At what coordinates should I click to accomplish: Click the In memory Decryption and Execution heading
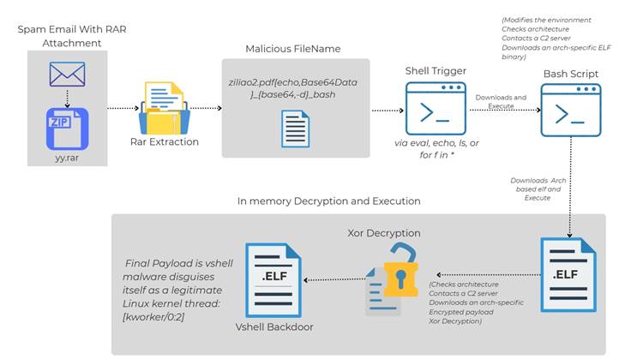click(x=329, y=201)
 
